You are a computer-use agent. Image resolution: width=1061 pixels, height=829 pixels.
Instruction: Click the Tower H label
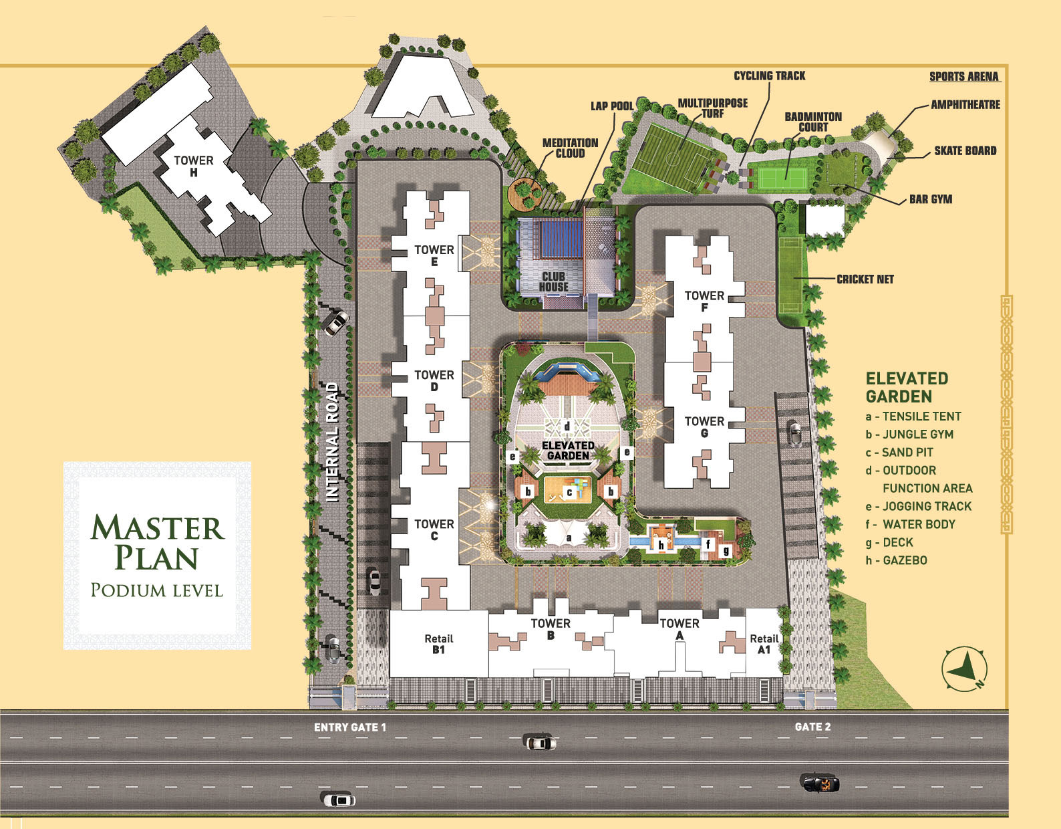click(193, 166)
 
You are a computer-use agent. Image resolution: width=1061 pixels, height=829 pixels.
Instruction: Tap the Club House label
click(553, 281)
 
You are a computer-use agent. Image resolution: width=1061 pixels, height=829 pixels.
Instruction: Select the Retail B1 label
click(438, 644)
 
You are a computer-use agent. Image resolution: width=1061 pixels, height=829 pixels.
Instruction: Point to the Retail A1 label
click(764, 644)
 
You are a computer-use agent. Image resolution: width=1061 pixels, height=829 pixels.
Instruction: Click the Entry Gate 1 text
click(350, 727)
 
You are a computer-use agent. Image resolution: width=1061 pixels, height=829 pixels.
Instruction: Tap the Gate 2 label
click(812, 727)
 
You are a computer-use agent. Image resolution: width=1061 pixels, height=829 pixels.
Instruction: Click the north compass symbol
click(965, 669)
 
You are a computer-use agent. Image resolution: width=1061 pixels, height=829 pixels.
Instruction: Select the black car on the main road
click(820, 783)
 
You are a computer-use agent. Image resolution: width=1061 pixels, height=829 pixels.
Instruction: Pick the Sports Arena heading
click(963, 77)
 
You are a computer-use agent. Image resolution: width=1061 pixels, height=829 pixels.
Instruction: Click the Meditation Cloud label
click(570, 148)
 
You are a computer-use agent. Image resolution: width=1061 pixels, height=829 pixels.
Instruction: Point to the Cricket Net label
click(865, 279)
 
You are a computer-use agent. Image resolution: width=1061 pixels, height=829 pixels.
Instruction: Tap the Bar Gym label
click(930, 199)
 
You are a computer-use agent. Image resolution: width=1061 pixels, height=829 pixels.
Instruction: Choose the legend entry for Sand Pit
click(899, 453)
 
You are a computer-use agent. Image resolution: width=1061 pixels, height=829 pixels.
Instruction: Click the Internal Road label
click(332, 441)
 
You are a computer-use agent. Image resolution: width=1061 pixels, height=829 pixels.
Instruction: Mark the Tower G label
click(704, 427)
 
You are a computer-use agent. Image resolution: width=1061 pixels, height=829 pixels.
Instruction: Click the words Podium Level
click(156, 590)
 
